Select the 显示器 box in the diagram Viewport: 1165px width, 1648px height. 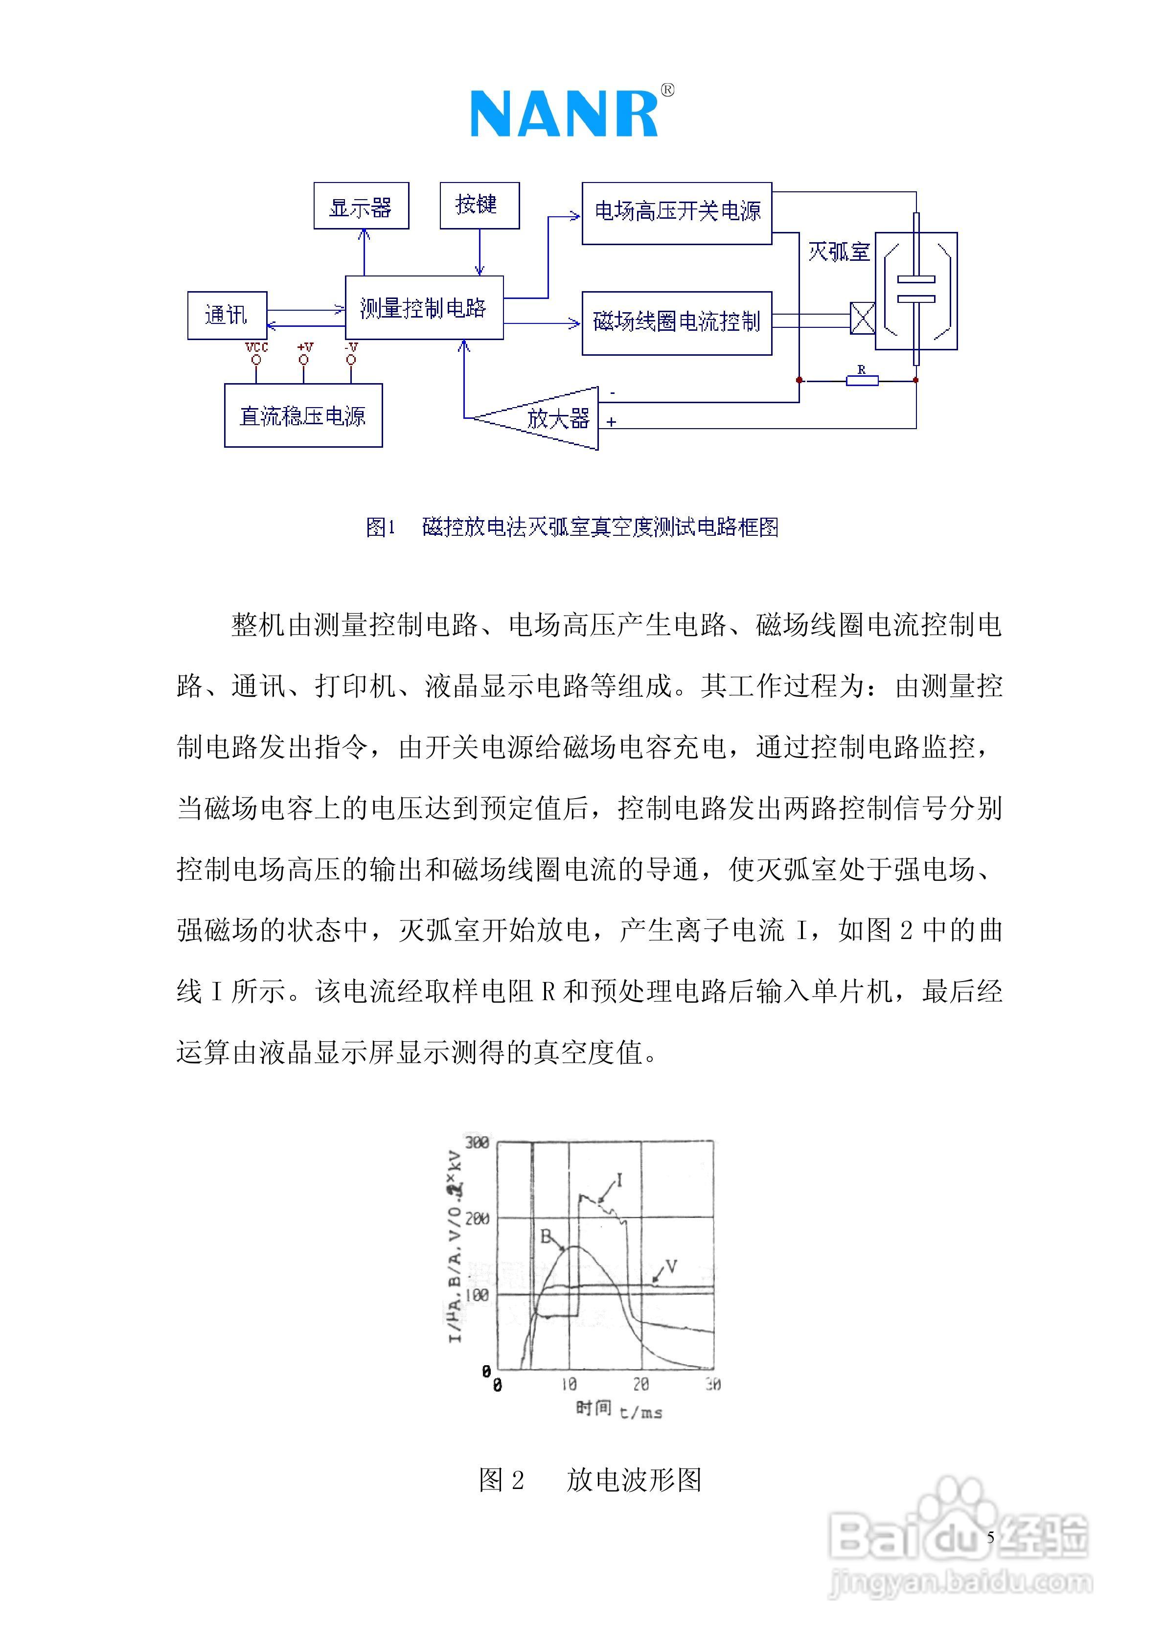[361, 206]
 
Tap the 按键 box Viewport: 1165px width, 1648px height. [479, 206]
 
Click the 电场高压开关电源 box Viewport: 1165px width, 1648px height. [676, 213]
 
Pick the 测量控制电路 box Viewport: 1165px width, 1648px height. [424, 308]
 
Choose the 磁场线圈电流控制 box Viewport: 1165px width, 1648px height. [676, 322]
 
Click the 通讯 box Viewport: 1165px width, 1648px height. [227, 315]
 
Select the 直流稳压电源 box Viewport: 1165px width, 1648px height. [303, 415]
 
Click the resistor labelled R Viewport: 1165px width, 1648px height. [861, 380]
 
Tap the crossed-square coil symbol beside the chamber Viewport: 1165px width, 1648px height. [862, 318]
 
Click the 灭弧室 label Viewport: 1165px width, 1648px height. [838, 252]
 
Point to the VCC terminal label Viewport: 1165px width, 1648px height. [256, 347]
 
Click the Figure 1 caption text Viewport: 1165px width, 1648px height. [572, 527]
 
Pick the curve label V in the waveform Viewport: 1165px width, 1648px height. [671, 1267]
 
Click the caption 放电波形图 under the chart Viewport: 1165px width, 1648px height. [633, 1479]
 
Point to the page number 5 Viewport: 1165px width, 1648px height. [991, 1537]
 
